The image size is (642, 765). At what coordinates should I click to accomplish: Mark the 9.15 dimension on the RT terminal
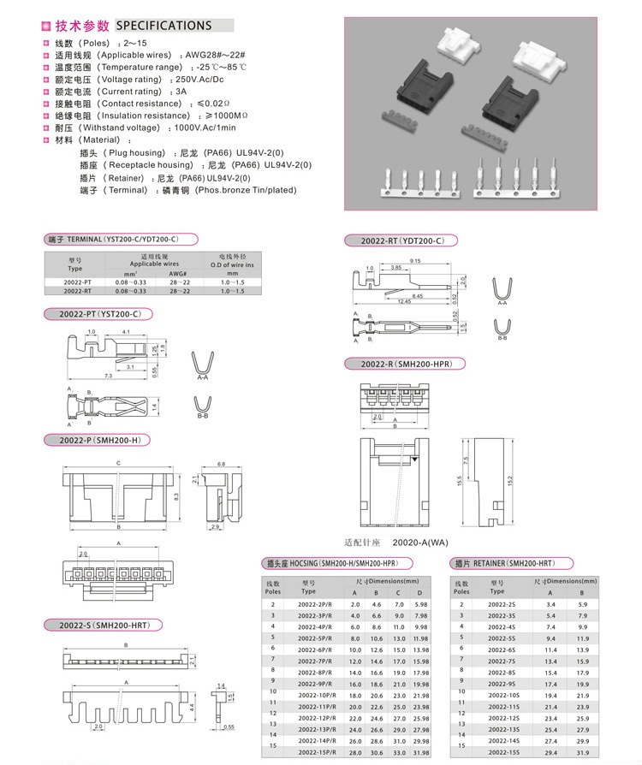[x=415, y=260]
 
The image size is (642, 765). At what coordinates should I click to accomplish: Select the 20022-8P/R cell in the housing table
[x=314, y=673]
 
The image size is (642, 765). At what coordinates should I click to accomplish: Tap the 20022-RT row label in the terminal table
[x=77, y=291]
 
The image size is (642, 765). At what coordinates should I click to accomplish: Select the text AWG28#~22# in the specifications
[x=218, y=55]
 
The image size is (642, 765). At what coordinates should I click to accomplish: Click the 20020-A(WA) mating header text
[x=420, y=543]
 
